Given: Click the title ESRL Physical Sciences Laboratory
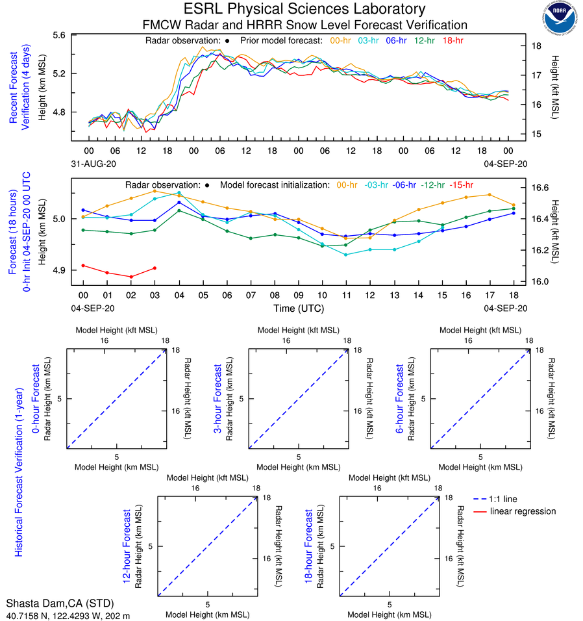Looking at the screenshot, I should pos(304,9).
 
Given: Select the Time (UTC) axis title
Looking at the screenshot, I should pos(298,307).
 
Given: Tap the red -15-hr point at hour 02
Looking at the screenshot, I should pos(131,277).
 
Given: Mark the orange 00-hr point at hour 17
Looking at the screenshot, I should pos(489,194).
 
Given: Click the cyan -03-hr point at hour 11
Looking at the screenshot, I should pos(345,255).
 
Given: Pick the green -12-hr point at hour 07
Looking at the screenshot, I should pos(251,238).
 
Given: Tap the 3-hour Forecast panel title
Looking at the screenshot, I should pos(218,398).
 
